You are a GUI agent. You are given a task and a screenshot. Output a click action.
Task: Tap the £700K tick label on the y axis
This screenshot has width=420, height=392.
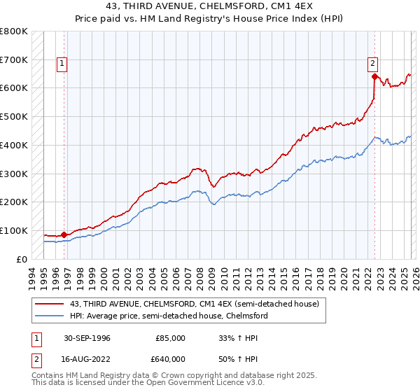coord(13,59)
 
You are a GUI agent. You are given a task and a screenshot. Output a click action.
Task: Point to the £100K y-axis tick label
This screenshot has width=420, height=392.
coord(13,230)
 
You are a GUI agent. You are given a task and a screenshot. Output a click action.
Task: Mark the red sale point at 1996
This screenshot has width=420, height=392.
coord(64,234)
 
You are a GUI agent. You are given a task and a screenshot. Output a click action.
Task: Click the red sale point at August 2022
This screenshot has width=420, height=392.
coord(375,76)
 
